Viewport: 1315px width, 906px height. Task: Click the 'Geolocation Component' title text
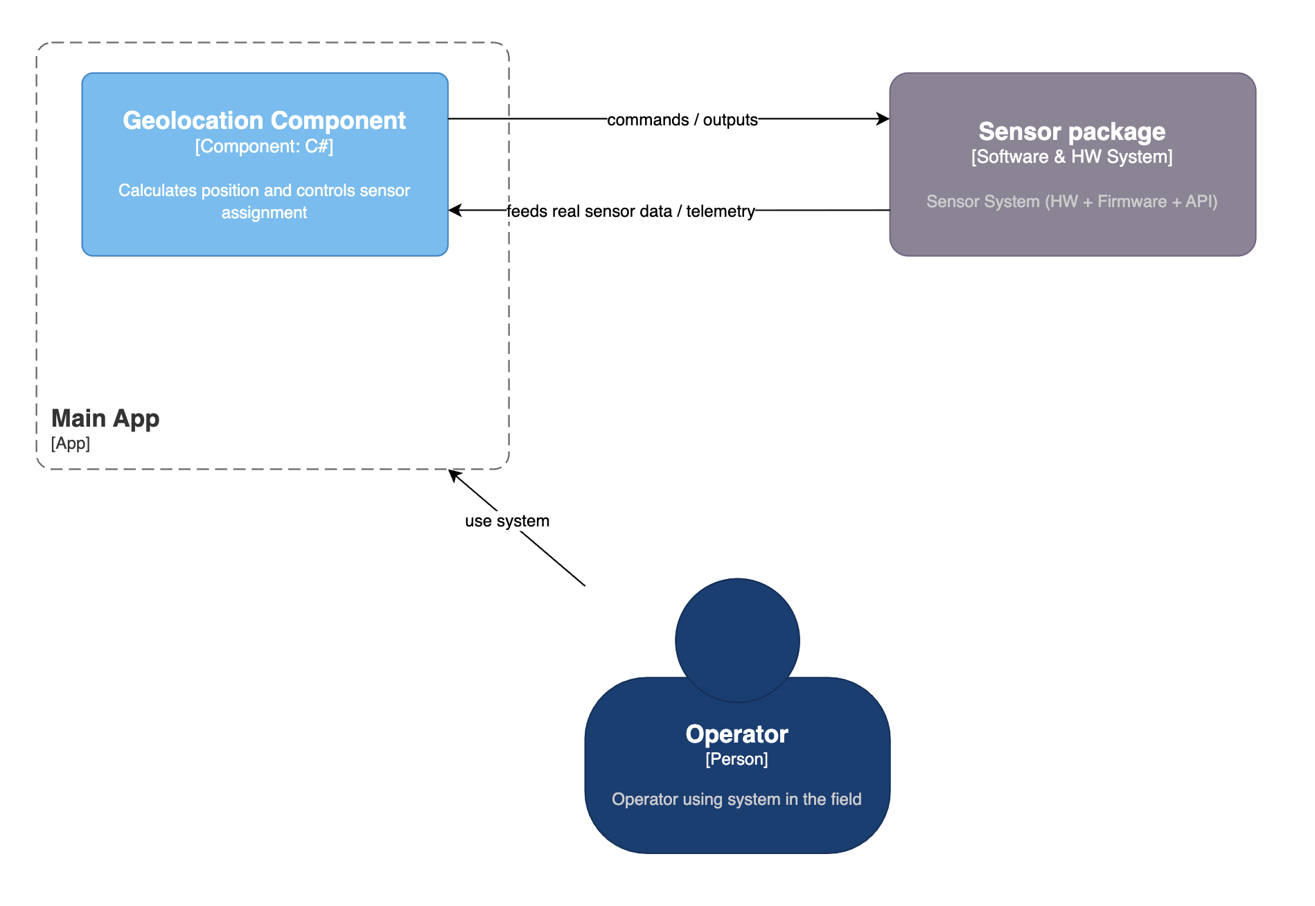tap(264, 121)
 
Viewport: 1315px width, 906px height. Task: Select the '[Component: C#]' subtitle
tap(264, 147)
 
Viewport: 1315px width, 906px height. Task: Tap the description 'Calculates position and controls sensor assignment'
tap(264, 201)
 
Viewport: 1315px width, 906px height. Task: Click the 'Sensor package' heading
tap(1072, 132)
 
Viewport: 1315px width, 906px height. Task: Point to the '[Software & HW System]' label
tap(1072, 157)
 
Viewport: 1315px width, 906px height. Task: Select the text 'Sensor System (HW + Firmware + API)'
tap(1072, 202)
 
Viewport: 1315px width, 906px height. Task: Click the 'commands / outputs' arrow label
tap(682, 120)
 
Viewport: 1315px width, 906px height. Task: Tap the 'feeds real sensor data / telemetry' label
tap(630, 211)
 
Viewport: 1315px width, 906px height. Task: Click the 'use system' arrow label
tap(507, 521)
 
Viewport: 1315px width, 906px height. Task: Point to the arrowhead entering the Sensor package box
tap(883, 119)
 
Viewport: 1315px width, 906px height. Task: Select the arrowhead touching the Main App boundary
tap(454, 475)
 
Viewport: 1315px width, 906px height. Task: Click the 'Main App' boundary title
tap(105, 418)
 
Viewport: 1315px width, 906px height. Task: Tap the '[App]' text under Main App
tap(71, 443)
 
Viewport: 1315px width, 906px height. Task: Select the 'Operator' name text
tap(736, 734)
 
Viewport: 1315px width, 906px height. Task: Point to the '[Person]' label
tap(736, 759)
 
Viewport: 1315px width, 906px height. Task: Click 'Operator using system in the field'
tap(736, 799)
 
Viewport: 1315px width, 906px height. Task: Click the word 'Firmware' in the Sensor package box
tap(1132, 202)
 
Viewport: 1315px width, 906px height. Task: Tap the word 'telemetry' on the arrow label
tap(721, 211)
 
